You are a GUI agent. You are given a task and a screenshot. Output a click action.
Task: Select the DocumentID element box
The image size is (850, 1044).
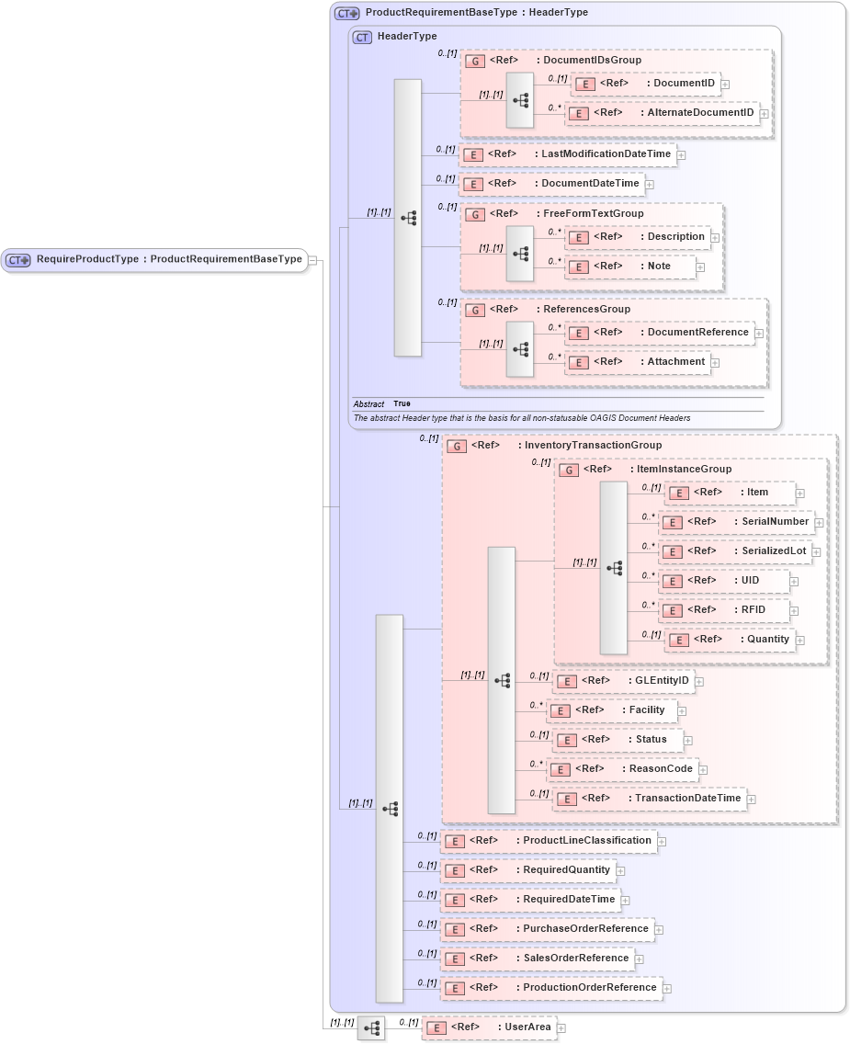645,84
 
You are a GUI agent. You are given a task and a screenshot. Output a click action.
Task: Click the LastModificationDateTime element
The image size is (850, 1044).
567,154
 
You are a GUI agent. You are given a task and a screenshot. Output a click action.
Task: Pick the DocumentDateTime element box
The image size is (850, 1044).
550,184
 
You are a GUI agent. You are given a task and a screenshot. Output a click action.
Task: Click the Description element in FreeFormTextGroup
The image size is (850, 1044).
638,237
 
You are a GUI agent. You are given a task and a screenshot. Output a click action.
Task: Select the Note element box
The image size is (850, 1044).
629,267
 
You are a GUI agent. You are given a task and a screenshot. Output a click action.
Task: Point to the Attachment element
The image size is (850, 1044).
638,362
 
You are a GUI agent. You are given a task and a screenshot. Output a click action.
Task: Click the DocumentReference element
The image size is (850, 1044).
659,333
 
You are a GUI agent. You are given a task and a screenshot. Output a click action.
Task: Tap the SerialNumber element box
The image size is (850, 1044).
736,522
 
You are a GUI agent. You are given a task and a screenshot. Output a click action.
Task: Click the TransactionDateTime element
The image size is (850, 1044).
649,799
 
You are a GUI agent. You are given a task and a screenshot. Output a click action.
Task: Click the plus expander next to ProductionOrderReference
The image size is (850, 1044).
668,989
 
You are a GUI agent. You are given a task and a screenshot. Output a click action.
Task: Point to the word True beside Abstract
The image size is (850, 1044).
402,404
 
